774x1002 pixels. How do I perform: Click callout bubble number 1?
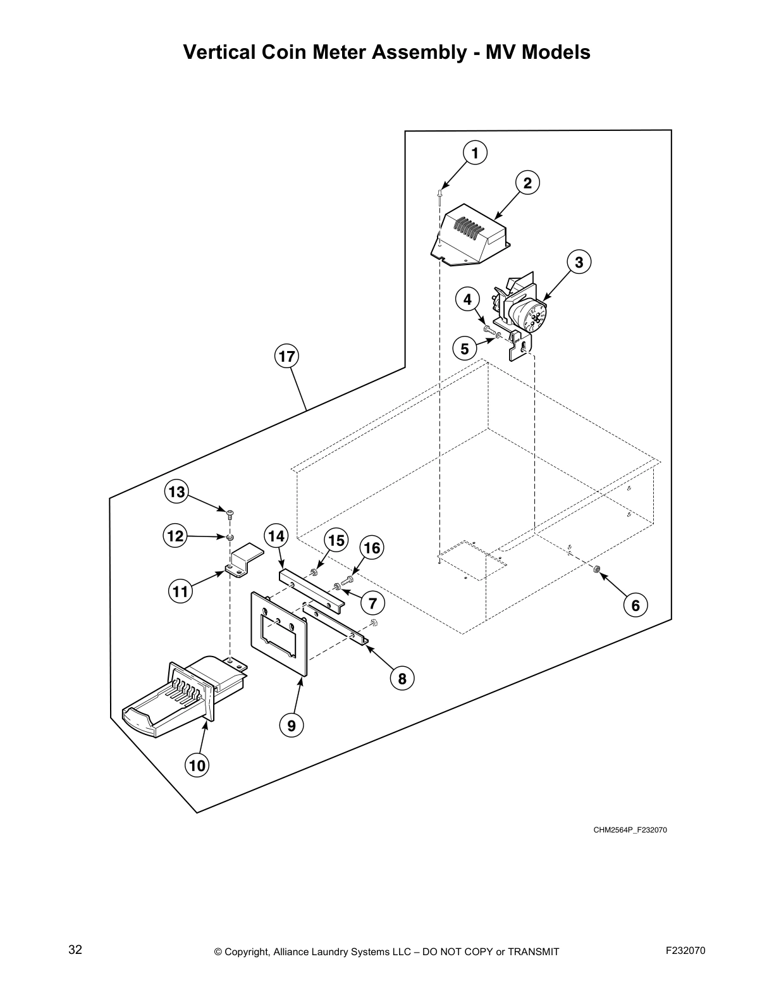coord(475,152)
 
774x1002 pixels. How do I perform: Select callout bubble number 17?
coord(286,356)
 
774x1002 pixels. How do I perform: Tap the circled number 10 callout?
coord(197,765)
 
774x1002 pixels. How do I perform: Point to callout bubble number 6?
coord(635,605)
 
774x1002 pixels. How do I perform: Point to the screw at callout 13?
coord(230,511)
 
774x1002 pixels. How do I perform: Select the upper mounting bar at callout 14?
coord(310,588)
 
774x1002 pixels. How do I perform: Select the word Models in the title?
coord(556,52)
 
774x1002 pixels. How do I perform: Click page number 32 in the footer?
coord(75,949)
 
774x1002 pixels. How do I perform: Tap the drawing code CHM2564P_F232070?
coord(630,830)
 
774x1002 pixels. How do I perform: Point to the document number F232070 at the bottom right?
coord(685,950)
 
